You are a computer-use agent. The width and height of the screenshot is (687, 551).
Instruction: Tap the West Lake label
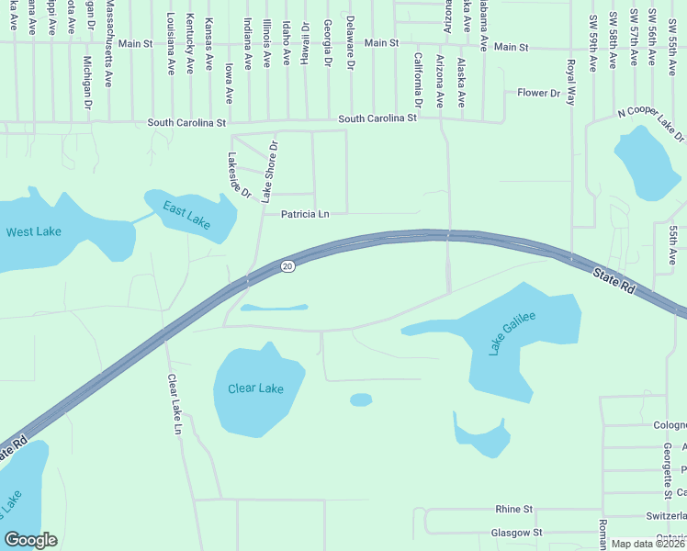coord(34,231)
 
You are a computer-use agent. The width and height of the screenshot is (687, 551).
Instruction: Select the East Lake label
coord(187,216)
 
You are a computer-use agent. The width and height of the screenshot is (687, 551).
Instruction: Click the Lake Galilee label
coord(512,332)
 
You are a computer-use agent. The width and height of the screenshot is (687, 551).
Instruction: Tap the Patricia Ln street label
coord(305,214)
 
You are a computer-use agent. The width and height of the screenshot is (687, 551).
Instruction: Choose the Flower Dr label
coord(538,93)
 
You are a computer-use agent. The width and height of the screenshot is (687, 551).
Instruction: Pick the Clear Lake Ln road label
coord(174,403)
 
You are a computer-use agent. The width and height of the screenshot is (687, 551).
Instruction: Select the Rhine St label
coord(513,509)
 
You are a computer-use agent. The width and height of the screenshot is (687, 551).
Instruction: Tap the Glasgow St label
coord(516,533)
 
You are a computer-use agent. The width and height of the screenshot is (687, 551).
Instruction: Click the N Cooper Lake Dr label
coord(651,123)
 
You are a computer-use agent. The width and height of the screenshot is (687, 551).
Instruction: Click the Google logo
coord(30,540)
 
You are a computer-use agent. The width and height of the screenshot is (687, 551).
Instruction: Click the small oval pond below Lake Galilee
coord(361,399)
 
